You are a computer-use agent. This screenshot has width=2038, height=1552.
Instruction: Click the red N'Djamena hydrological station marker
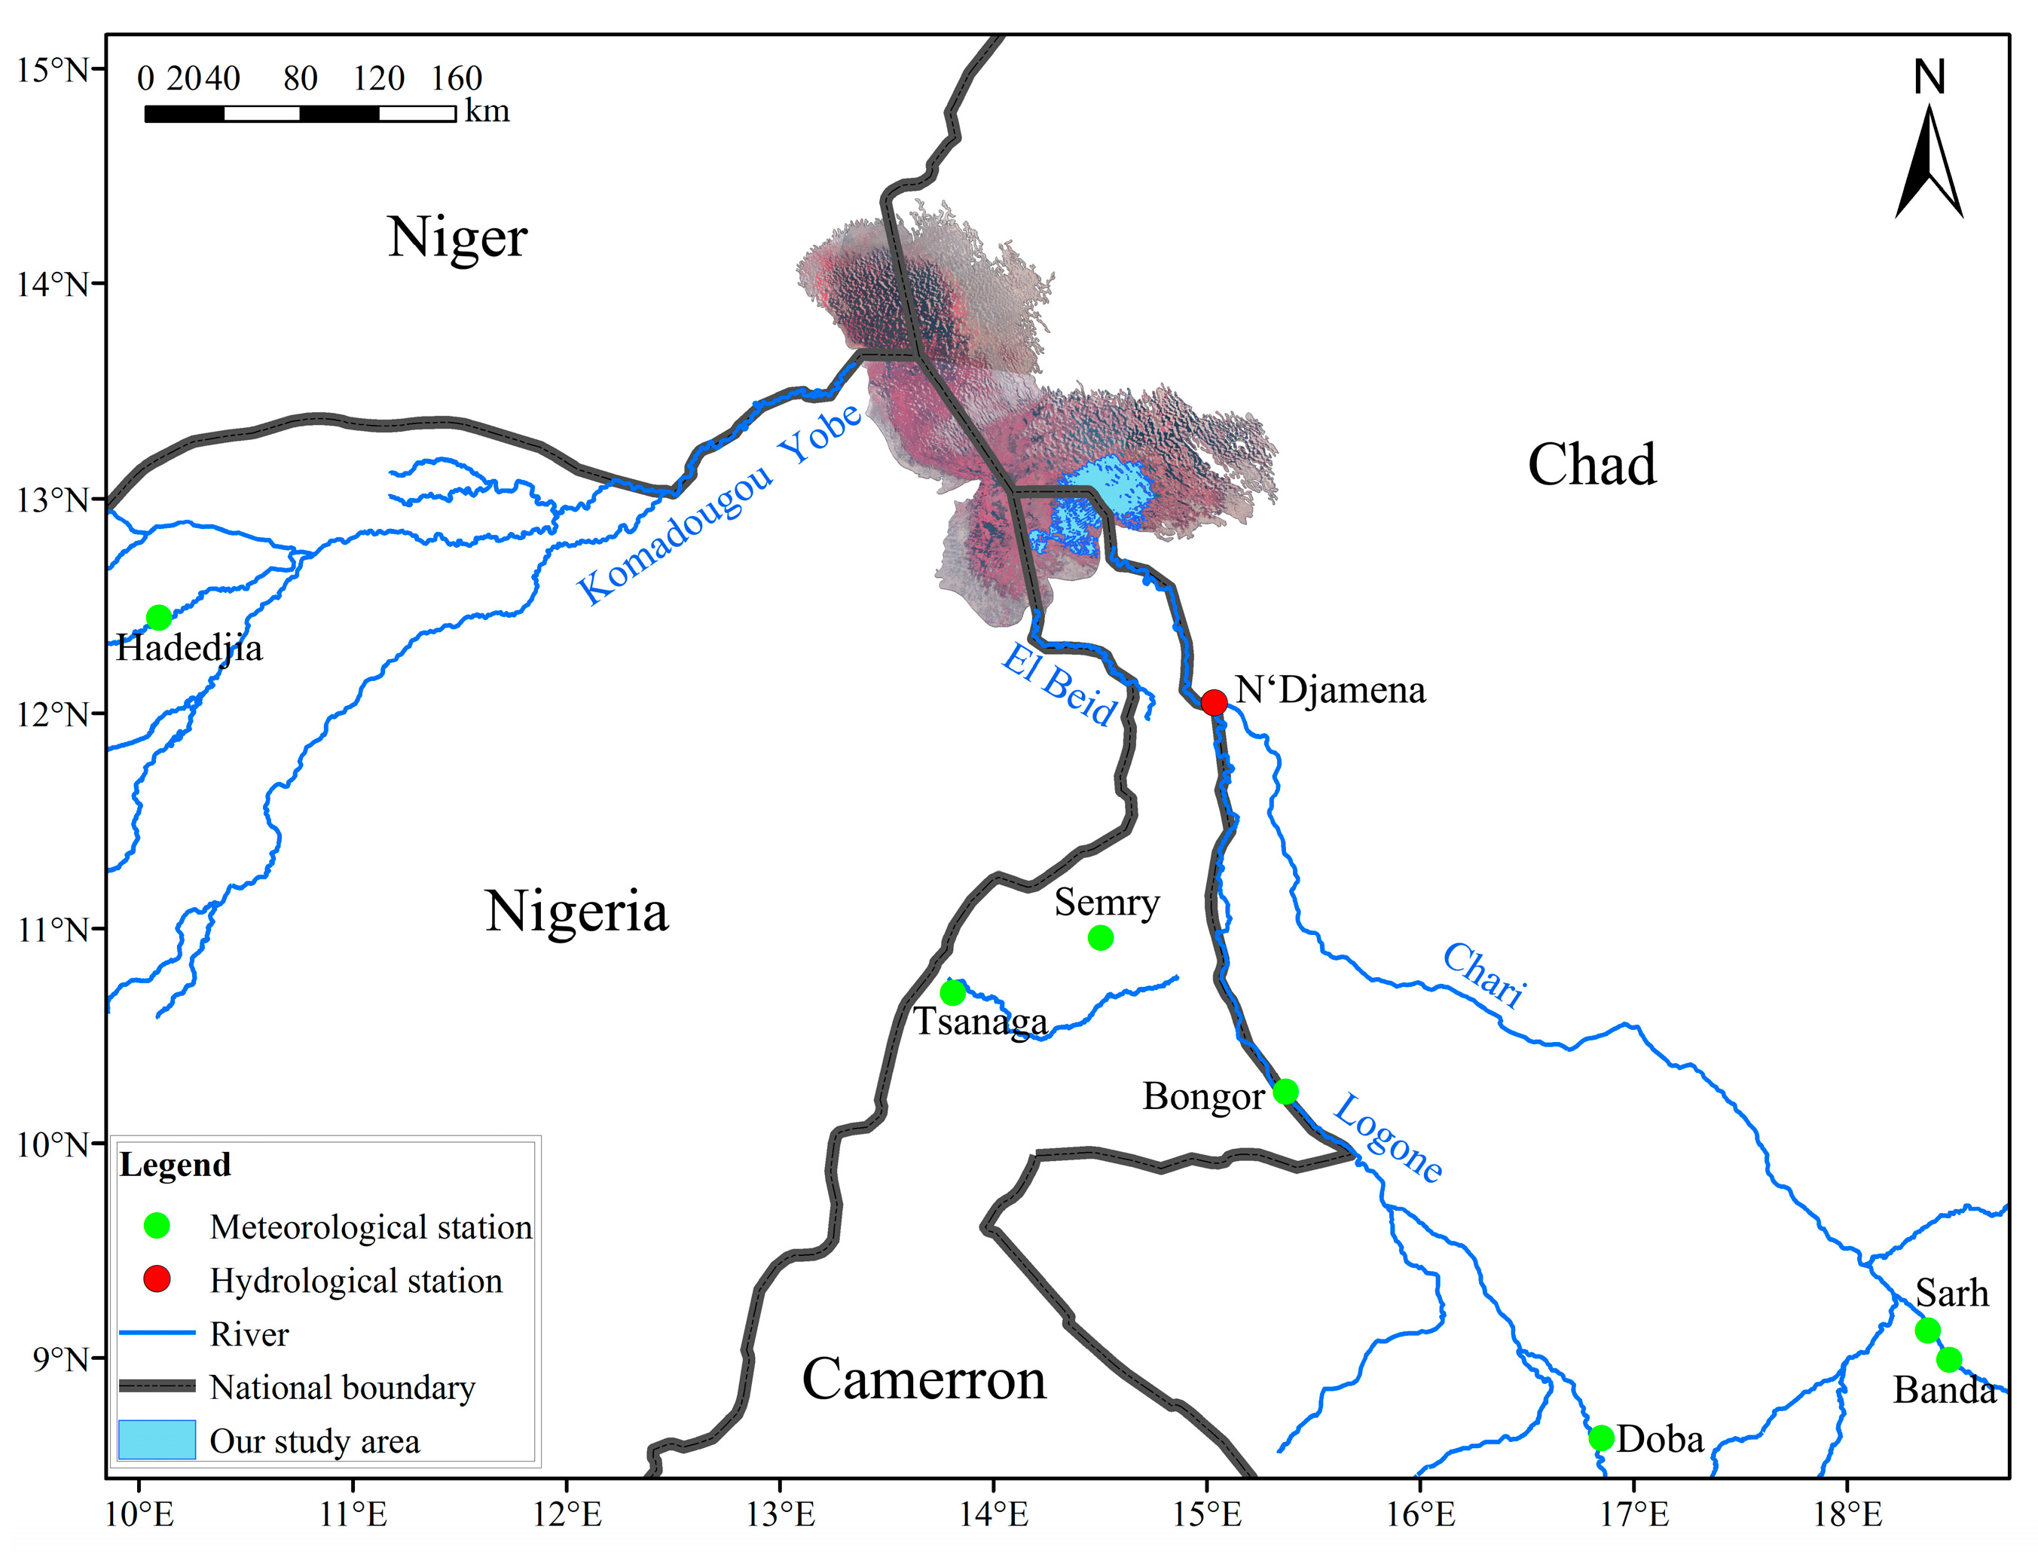(x=1214, y=702)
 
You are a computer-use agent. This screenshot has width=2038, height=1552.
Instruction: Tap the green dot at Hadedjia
(x=159, y=616)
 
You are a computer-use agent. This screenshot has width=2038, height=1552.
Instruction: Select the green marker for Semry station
(x=1100, y=938)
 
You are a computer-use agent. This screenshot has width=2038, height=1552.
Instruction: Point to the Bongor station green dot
(x=1285, y=1092)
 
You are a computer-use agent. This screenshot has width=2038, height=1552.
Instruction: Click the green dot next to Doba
(x=1601, y=1438)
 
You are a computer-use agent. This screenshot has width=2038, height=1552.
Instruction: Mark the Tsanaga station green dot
(x=952, y=993)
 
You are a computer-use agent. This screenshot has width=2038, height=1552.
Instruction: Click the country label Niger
(x=457, y=237)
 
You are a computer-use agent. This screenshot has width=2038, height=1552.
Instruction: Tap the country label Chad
(x=1591, y=464)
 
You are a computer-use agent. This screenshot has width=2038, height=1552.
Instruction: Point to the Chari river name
(x=1483, y=975)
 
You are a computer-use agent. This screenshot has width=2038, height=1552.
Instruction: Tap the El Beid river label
(x=1059, y=686)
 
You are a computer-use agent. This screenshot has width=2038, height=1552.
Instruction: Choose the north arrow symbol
(x=1929, y=162)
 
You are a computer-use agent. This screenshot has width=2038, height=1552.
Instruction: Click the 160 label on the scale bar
(x=457, y=78)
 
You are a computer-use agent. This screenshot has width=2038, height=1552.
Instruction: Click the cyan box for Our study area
(x=157, y=1439)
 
